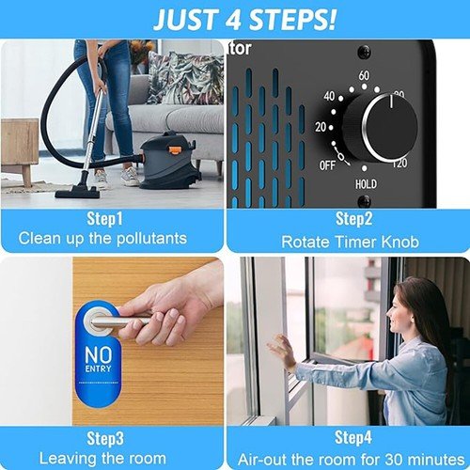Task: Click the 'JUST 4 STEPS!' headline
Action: click(243, 19)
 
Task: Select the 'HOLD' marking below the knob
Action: click(366, 184)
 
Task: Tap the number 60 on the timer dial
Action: click(364, 75)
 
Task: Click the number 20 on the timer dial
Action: click(321, 127)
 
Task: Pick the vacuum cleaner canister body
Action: click(170, 162)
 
